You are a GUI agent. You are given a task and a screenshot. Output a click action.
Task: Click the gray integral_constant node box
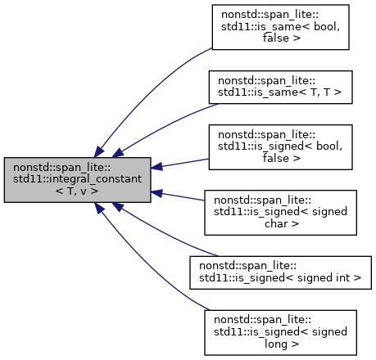coord(77,180)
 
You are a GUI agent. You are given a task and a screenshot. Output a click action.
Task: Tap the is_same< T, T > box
coord(279,91)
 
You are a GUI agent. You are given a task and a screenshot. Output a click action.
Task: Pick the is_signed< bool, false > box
coord(279,148)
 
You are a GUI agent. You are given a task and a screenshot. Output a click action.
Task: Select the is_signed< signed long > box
coord(279,332)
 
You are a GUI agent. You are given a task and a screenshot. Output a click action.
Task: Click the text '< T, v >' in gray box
coord(77,191)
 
